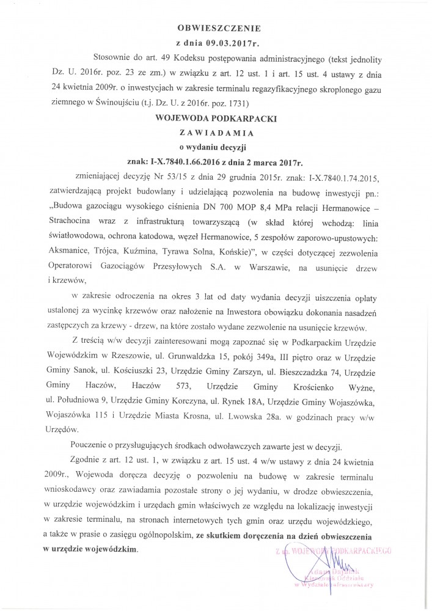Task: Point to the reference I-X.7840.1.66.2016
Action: coord(192,163)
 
